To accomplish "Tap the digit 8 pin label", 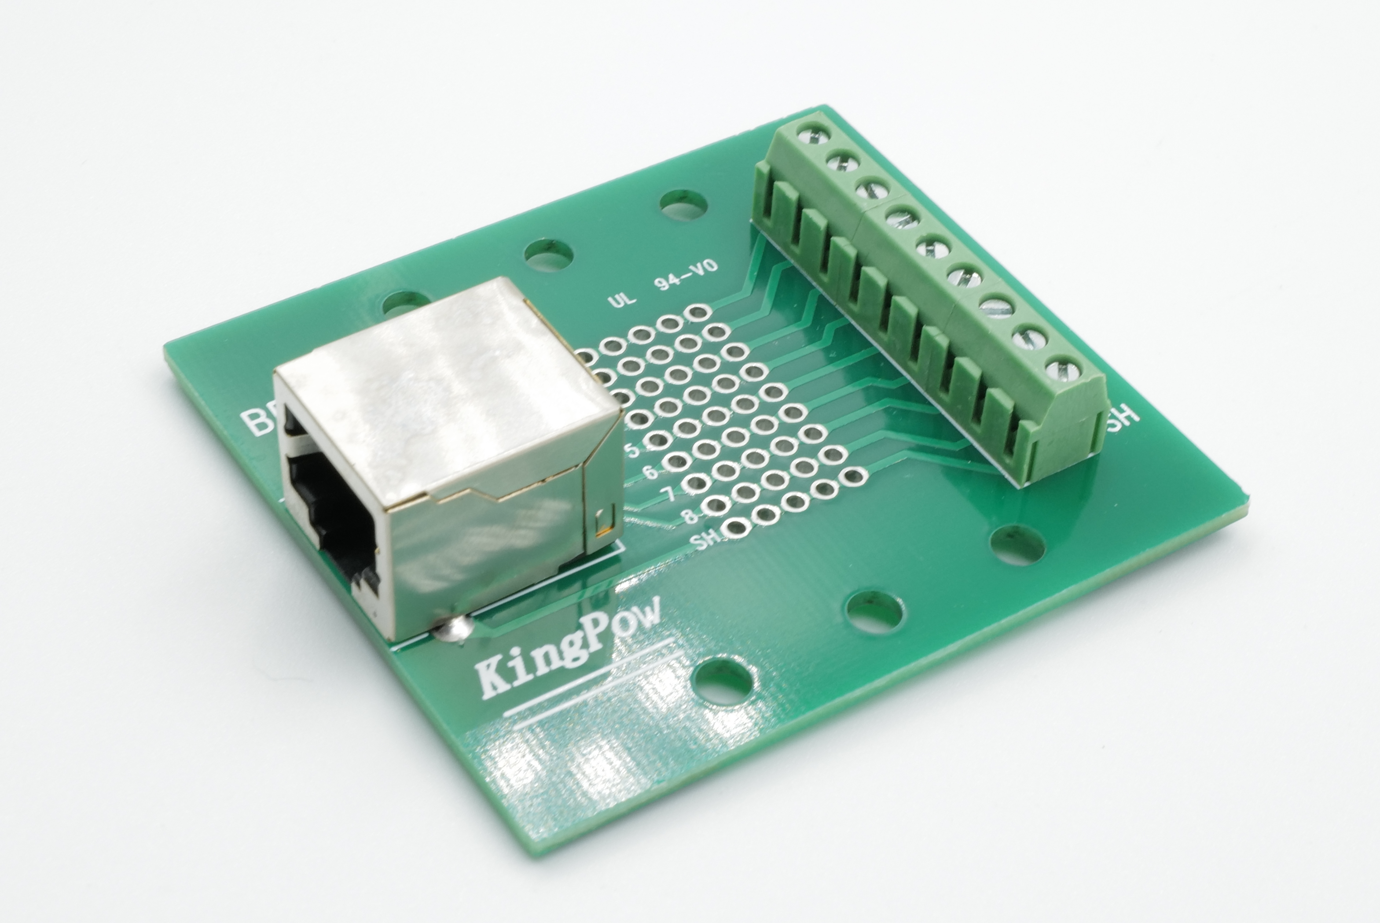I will pyautogui.click(x=690, y=517).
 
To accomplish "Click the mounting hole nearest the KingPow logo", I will pyautogui.click(x=723, y=680).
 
